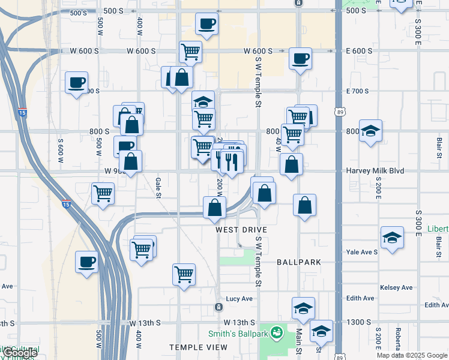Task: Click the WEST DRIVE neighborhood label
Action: [x=241, y=230]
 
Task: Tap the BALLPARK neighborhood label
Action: [x=299, y=262]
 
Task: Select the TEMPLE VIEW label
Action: [x=198, y=347]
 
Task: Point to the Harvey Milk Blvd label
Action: [x=375, y=171]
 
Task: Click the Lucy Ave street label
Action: [x=240, y=298]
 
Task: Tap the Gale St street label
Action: [x=158, y=182]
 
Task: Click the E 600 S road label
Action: [x=359, y=51]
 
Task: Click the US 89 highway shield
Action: [x=340, y=112]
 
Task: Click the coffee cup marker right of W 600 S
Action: [x=300, y=59]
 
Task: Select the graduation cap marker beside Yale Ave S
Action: [x=392, y=237]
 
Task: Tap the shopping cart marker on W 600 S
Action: [x=190, y=52]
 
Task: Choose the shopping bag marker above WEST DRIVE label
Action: [x=214, y=208]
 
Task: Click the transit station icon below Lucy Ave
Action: [x=218, y=307]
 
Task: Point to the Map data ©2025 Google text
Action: [x=411, y=355]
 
